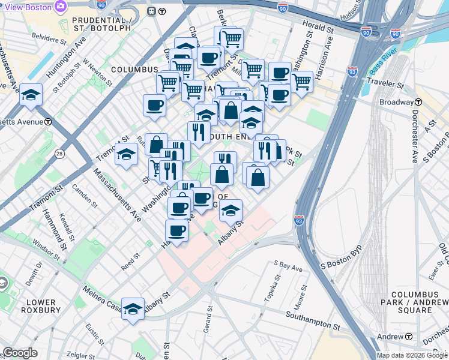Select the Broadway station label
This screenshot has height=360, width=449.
point(401,102)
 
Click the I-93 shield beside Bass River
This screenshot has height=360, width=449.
point(353,71)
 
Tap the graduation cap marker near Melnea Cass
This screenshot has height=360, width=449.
point(133,308)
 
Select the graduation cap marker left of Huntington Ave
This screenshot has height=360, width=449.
point(31,95)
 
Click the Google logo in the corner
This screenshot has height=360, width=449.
point(20,353)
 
